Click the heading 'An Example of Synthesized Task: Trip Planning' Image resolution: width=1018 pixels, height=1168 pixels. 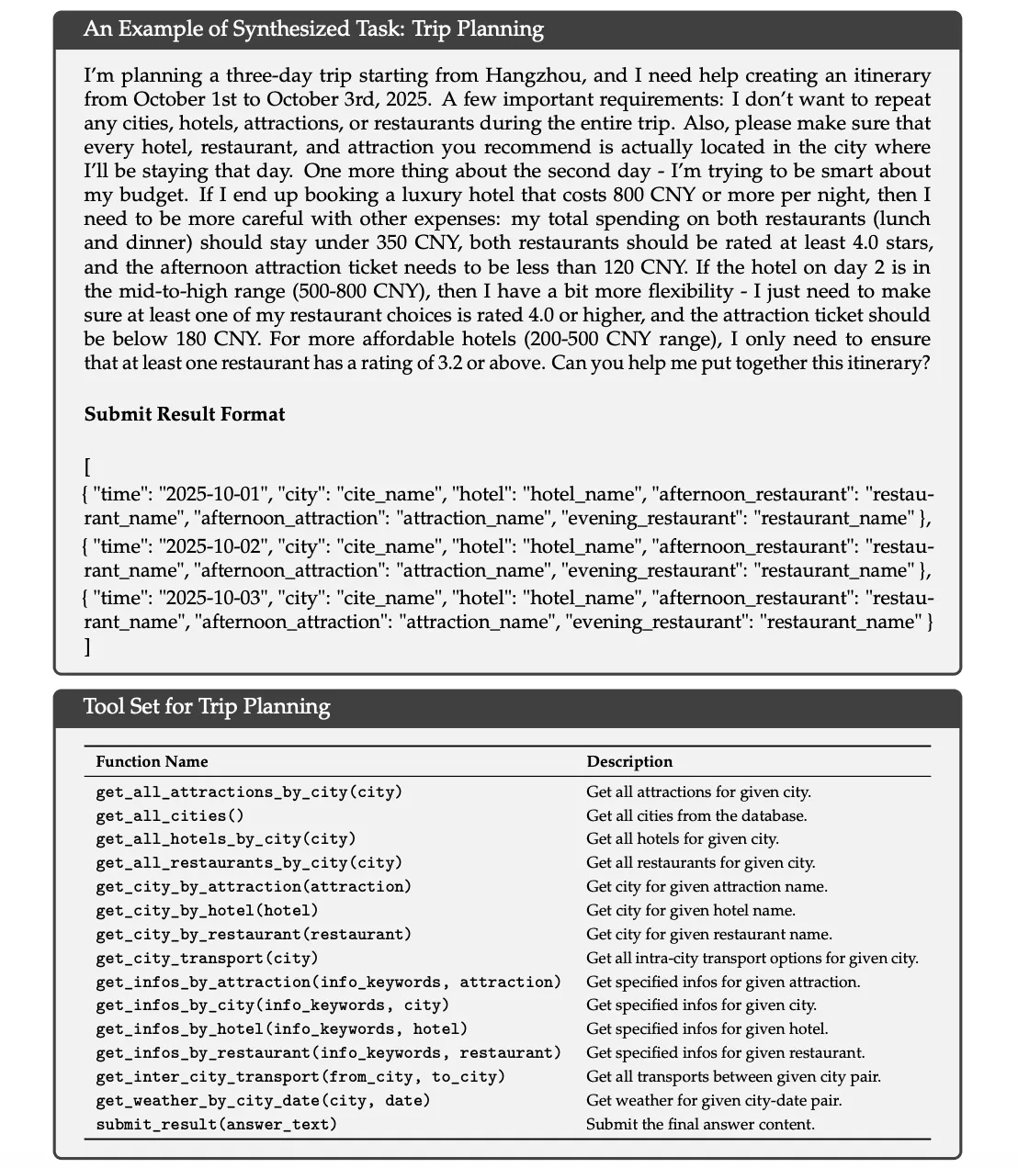point(313,29)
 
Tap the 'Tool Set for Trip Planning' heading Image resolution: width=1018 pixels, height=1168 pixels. point(207,706)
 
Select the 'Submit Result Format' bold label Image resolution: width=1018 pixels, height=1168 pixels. point(185,414)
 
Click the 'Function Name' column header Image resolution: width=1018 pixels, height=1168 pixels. point(152,761)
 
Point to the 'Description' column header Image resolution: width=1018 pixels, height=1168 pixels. point(629,761)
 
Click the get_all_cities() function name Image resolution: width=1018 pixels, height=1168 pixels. point(161,815)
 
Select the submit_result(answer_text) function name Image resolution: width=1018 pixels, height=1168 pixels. point(216,1124)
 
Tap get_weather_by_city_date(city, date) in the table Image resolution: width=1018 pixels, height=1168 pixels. point(263,1100)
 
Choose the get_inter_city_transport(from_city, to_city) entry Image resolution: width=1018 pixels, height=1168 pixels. point(300,1076)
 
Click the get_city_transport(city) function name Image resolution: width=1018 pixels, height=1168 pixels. point(207,958)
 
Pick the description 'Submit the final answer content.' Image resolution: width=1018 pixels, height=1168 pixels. point(700,1124)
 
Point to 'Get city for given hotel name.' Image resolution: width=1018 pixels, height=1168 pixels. point(691,910)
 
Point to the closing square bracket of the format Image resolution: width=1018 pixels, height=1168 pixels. point(87,646)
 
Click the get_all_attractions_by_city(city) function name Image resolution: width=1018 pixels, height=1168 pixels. point(249,792)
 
